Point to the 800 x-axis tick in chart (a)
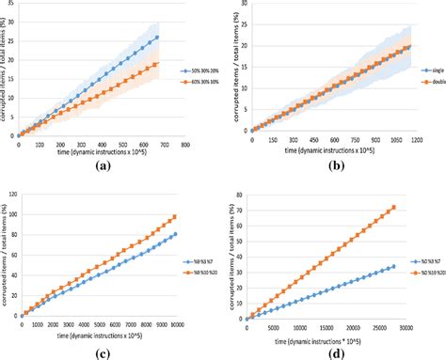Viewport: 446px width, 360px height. tap(184, 145)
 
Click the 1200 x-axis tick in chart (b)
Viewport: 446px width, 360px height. tap(414, 143)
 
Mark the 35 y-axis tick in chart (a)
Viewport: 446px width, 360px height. tap(10, 6)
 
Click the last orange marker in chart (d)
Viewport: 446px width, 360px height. tap(393, 208)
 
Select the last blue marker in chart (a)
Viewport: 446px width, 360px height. tap(156, 38)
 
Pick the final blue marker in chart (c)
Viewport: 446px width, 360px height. tap(174, 234)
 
